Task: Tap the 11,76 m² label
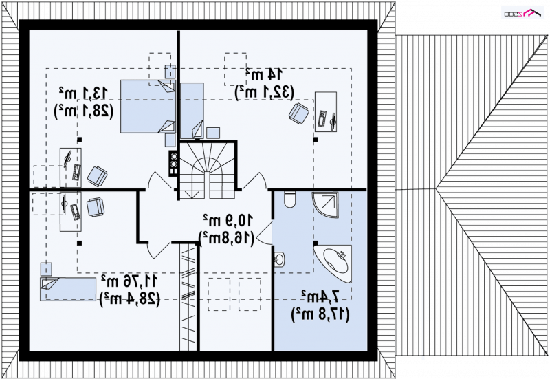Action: (130, 281)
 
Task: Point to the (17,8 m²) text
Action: (321, 314)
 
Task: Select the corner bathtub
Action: (335, 260)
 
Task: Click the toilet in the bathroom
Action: (289, 199)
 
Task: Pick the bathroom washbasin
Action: (279, 259)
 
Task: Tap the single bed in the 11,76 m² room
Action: (68, 290)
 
